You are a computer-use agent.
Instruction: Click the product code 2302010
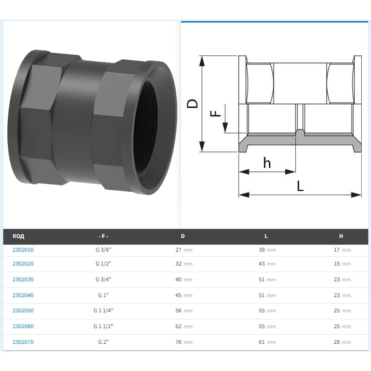(x=23, y=250)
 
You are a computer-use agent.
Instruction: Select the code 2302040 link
(x=23, y=296)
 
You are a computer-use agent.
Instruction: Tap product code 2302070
(x=23, y=342)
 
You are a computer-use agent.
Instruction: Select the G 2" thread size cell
(x=102, y=342)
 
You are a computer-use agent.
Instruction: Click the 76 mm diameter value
(x=184, y=342)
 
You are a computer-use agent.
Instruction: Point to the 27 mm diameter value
(x=184, y=250)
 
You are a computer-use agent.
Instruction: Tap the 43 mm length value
(x=267, y=264)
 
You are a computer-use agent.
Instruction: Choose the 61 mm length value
(x=267, y=342)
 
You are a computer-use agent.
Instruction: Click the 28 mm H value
(x=342, y=342)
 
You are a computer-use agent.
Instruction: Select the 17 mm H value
(x=342, y=250)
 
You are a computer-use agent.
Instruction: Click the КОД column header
(x=18, y=236)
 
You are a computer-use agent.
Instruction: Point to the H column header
(x=341, y=236)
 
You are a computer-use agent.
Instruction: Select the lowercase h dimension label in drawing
(x=267, y=163)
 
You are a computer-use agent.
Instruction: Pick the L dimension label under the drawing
(x=300, y=186)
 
